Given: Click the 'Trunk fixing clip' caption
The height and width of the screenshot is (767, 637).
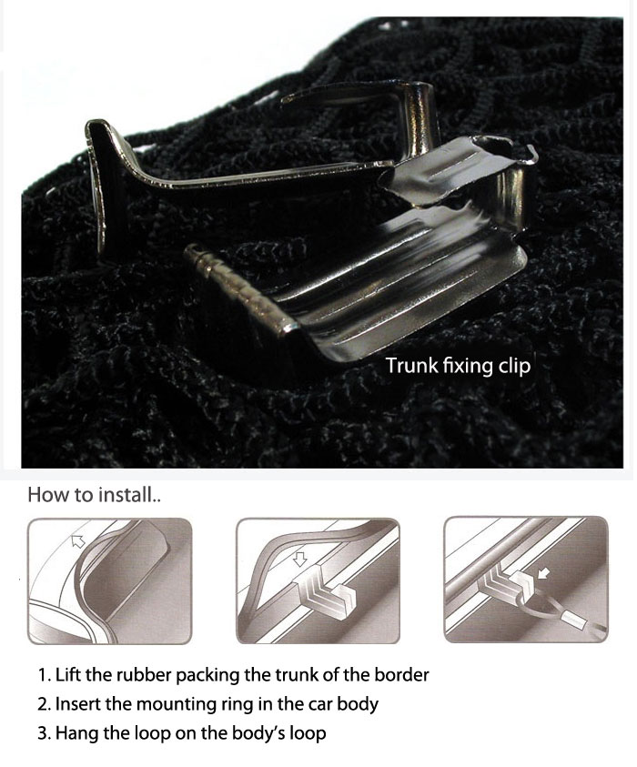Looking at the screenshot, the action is pos(458,366).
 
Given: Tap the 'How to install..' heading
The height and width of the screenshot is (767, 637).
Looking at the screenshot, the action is pos(95,495).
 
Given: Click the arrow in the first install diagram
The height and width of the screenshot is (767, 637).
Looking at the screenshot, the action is pos(77,540).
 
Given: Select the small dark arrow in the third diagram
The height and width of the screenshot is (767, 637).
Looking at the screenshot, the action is pos(543,572).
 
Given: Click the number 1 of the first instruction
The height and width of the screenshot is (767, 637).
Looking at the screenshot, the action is pos(42,675).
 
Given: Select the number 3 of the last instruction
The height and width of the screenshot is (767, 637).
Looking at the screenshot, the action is pos(42,733).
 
